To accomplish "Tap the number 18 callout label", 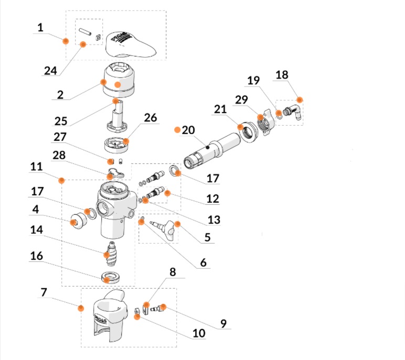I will click(x=282, y=74).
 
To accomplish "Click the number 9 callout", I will click(x=223, y=324).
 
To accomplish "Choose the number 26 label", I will click(x=151, y=118).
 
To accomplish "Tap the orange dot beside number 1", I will click(x=66, y=41).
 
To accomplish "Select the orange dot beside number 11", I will click(x=62, y=180).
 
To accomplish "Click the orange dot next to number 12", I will click(x=168, y=193).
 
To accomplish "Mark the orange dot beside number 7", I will click(x=80, y=308).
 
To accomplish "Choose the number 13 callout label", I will click(x=213, y=220).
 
